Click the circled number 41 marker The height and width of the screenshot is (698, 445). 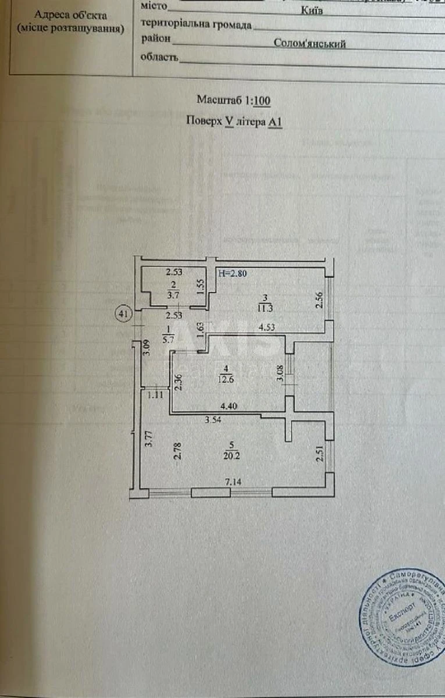tap(123, 314)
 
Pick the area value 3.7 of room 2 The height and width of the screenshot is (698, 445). tap(173, 295)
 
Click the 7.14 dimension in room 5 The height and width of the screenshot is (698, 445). tap(233, 482)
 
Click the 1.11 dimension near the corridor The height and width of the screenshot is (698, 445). tap(155, 395)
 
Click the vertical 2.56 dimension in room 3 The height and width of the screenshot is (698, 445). tap(318, 300)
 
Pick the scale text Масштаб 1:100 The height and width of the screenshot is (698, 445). tap(233, 100)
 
